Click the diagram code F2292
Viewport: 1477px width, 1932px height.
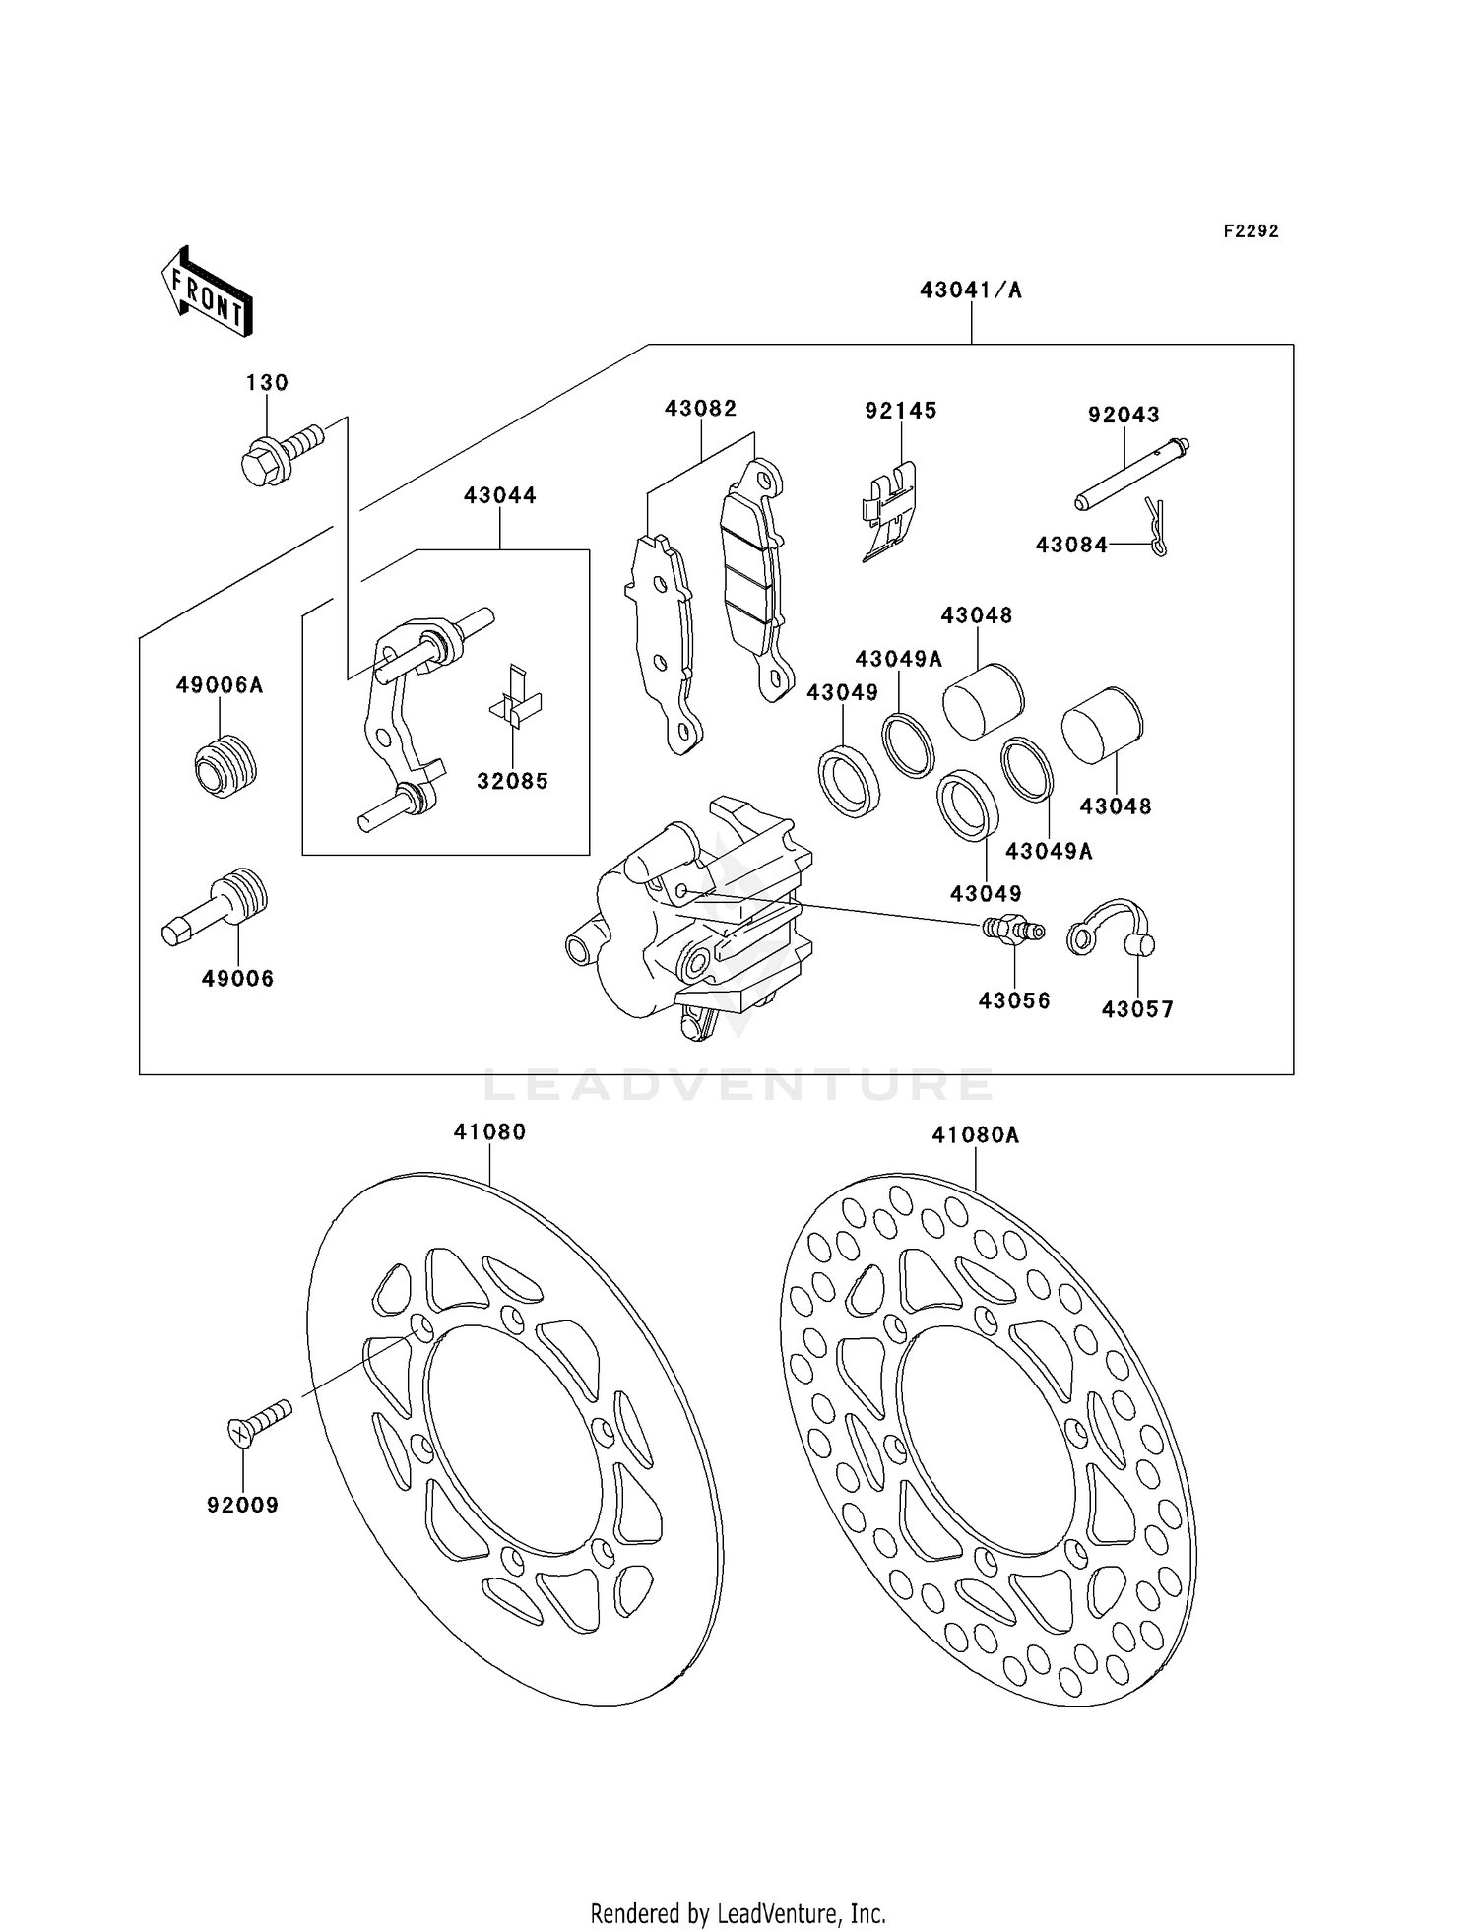click(1251, 231)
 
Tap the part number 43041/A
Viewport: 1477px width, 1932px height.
click(971, 290)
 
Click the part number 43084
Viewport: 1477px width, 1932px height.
click(1071, 545)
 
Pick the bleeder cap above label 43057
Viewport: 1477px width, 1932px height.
click(1113, 932)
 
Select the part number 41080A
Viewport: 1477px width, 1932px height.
click(976, 1135)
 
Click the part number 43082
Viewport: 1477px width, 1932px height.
click(700, 409)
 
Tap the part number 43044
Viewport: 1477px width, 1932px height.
click(499, 495)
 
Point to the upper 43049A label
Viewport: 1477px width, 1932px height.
click(898, 659)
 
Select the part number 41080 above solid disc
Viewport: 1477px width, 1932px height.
click(489, 1132)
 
